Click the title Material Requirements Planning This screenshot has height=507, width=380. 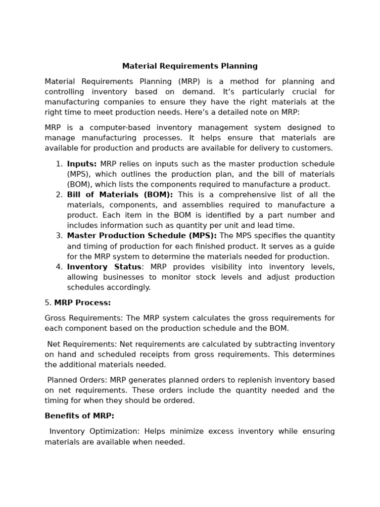(x=190, y=66)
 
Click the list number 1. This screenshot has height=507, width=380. (x=59, y=164)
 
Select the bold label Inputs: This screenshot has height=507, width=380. (x=82, y=164)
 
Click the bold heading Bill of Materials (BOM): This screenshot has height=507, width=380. (x=120, y=195)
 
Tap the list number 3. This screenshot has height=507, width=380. (x=59, y=236)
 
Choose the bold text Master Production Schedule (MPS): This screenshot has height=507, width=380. (x=142, y=236)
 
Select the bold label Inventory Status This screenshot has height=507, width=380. (x=104, y=267)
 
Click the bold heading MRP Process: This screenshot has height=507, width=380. (x=82, y=303)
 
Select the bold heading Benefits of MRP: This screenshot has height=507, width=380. (x=79, y=416)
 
